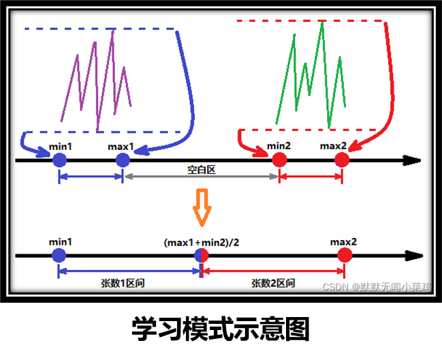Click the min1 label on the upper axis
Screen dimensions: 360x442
coord(61,146)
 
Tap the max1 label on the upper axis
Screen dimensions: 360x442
coord(121,146)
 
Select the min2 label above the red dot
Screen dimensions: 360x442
coord(279,146)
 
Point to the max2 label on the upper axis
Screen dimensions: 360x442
coord(333,146)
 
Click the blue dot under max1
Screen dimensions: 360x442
coord(123,160)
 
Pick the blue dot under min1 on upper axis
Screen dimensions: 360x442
coord(60,160)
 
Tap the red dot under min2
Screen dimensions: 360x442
coord(279,160)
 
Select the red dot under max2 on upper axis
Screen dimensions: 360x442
coord(342,160)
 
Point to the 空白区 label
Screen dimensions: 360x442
coord(202,170)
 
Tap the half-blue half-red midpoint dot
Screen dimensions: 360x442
coord(202,256)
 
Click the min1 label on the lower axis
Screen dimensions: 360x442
coord(61,242)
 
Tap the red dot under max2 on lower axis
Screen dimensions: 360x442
coord(345,256)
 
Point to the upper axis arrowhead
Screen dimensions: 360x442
coord(412,160)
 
